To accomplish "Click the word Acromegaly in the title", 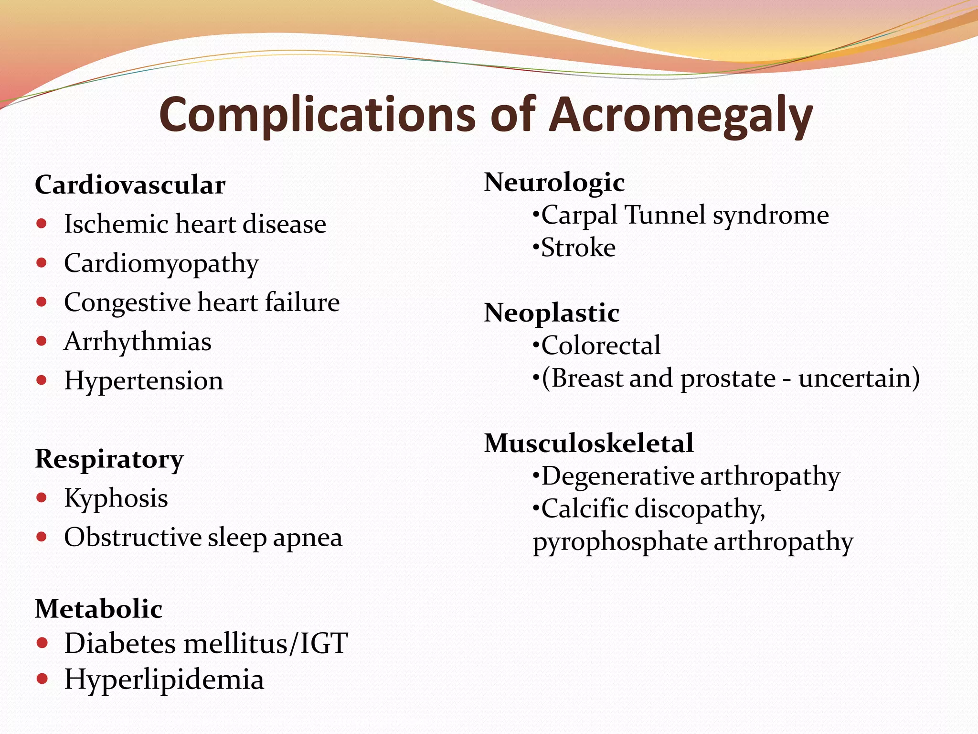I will [x=680, y=116].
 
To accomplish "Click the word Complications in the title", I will [x=317, y=116].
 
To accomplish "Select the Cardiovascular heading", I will [x=130, y=185].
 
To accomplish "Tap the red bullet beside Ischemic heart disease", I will [x=42, y=224].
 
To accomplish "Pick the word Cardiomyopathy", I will [x=161, y=264].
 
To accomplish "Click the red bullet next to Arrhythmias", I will [x=42, y=341].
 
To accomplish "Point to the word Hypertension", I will [x=144, y=381].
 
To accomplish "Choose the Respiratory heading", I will [x=109, y=460].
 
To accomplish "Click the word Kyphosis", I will [x=116, y=498].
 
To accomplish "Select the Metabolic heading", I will [x=99, y=609].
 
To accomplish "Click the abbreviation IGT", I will [x=324, y=644].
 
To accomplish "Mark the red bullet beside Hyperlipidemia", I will [x=42, y=679].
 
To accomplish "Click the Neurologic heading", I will [x=554, y=183].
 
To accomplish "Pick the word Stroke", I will [x=578, y=248].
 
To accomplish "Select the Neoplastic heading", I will [x=552, y=313].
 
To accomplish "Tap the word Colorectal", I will [x=601, y=345].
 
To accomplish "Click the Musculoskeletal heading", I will [x=589, y=443].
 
